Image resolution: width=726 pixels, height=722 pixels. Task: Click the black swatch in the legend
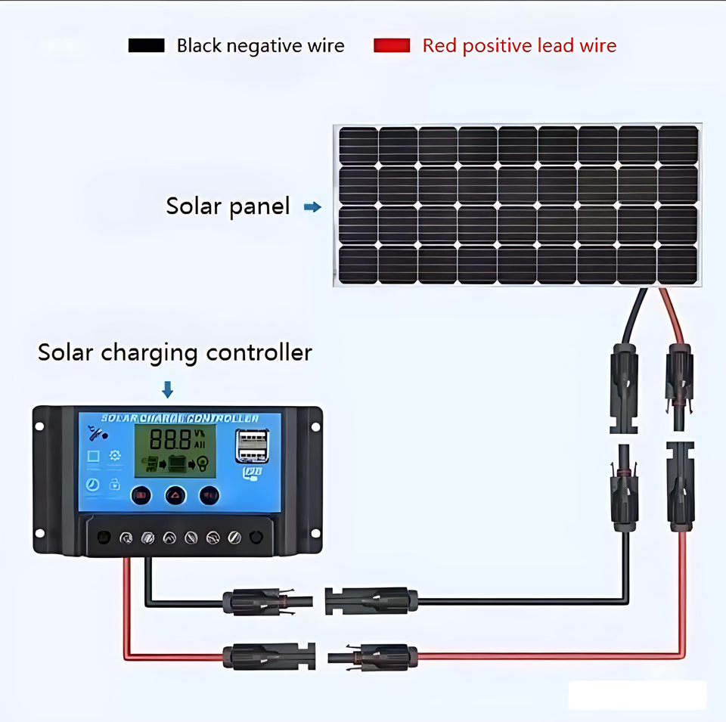(146, 45)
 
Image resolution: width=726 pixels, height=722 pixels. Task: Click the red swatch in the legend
(392, 45)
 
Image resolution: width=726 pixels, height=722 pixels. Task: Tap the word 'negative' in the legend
(259, 46)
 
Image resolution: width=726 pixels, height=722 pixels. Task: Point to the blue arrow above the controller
(168, 389)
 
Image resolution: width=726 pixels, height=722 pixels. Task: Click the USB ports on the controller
(250, 445)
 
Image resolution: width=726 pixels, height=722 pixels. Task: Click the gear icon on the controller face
(115, 455)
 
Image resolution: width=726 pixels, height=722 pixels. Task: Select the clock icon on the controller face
(93, 485)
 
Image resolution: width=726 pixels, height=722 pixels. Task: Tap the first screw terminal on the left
(126, 538)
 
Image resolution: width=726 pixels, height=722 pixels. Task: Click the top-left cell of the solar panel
(358, 145)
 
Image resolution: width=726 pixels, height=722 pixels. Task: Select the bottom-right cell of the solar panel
(678, 264)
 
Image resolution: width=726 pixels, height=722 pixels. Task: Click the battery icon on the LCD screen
(176, 462)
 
